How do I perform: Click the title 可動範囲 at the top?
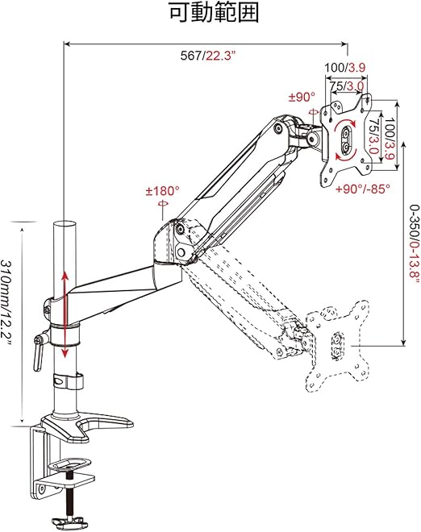(214, 13)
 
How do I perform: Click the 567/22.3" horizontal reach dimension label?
(208, 56)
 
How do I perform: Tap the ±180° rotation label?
(162, 191)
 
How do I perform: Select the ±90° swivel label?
(302, 97)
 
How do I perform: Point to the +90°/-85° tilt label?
(363, 189)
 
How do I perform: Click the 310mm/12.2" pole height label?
(6, 302)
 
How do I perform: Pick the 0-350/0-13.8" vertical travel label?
(415, 245)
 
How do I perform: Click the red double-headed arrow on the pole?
(65, 314)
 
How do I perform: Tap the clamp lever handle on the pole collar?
(39, 353)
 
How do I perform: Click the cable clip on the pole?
(68, 381)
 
